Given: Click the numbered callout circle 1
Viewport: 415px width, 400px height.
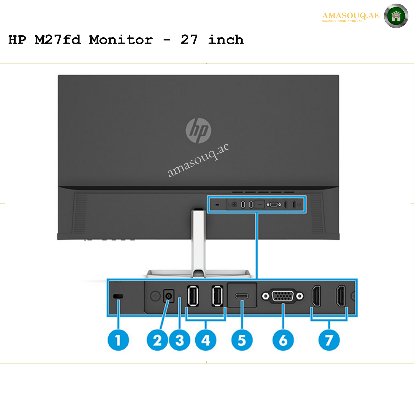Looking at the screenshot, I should [x=118, y=340].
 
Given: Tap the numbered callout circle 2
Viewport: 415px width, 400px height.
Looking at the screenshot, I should [x=157, y=340].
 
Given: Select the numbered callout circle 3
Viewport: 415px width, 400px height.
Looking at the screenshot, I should [x=179, y=340].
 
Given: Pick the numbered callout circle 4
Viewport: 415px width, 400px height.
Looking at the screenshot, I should [x=206, y=340].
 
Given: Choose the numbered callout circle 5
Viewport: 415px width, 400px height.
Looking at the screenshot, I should [x=242, y=340].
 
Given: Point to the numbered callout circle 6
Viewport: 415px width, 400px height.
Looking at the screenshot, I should [x=283, y=340].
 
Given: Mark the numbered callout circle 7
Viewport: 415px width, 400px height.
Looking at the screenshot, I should [x=329, y=340].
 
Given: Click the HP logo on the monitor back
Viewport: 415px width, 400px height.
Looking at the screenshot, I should [x=198, y=130].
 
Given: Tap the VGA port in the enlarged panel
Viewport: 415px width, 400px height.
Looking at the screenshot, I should [x=283, y=296].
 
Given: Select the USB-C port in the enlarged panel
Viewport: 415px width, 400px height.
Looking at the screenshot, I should [x=242, y=296].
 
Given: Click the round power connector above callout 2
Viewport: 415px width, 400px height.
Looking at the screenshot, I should [x=169, y=296].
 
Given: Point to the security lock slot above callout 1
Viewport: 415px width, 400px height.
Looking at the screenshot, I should [x=118, y=297].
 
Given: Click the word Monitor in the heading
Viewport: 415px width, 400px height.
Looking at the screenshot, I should [x=121, y=40].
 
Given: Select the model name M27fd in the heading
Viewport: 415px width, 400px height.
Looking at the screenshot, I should [x=58, y=40].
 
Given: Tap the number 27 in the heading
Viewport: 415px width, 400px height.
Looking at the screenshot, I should [x=189, y=40].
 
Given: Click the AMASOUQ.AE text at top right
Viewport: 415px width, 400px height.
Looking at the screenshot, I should [x=351, y=16].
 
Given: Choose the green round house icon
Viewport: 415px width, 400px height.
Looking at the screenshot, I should [x=396, y=16].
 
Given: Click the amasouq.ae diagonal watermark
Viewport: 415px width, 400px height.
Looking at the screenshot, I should [x=198, y=160].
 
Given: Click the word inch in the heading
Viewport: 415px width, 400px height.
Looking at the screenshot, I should [x=226, y=40].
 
